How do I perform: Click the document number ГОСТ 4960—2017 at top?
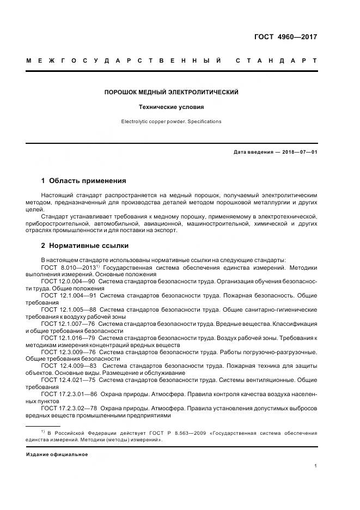285,38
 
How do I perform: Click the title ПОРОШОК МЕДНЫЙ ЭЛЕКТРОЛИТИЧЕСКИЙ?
172,93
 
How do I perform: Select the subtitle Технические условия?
172,107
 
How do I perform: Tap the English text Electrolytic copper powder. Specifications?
172,122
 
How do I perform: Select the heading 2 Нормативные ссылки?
85,246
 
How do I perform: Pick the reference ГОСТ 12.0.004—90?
68,281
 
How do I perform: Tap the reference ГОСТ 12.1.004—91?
68,295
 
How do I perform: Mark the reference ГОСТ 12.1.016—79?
68,338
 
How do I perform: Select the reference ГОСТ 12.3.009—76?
68,352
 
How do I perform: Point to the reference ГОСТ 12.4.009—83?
68,366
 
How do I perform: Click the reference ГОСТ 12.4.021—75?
68,380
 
